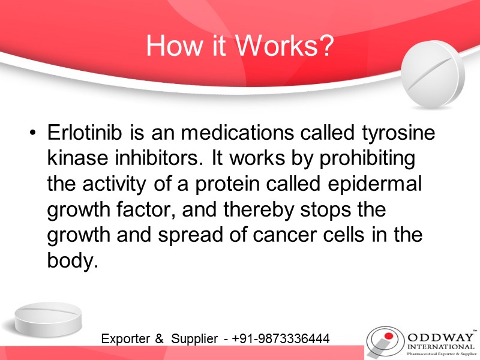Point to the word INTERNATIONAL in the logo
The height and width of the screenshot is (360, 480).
[x=440, y=346]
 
